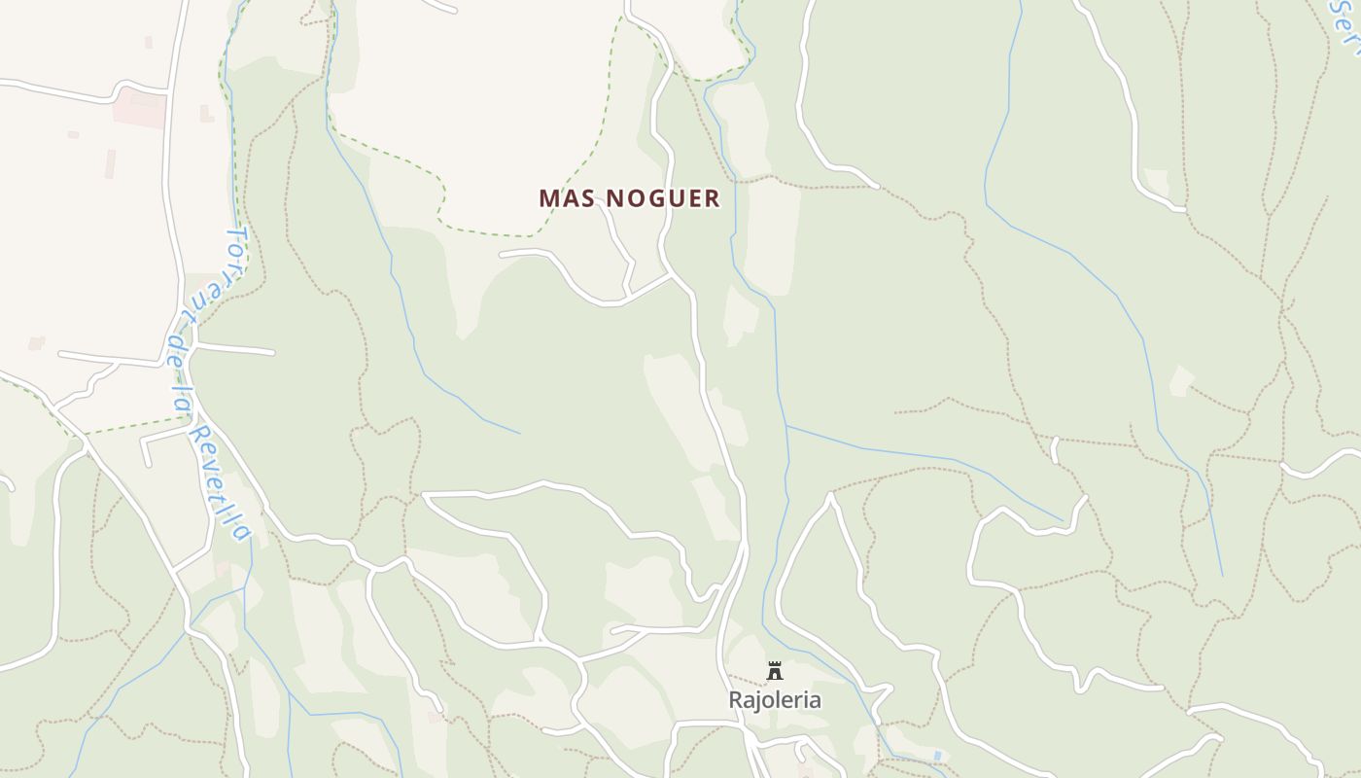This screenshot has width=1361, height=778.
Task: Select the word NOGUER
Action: [663, 198]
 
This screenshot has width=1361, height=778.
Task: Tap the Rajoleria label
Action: [775, 700]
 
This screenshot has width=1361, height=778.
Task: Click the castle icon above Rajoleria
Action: [775, 671]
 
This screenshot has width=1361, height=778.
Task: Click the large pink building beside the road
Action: [140, 109]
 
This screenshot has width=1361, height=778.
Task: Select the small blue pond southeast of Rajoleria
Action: [937, 755]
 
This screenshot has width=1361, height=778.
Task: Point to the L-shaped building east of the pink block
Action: [206, 114]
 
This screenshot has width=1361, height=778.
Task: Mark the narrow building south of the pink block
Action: [111, 163]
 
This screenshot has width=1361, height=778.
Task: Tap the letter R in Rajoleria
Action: [736, 700]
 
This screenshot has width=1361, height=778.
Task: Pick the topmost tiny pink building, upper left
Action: [148, 42]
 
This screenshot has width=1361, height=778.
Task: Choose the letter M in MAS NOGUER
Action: [548, 198]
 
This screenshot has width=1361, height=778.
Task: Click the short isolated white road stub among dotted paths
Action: [1055, 448]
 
